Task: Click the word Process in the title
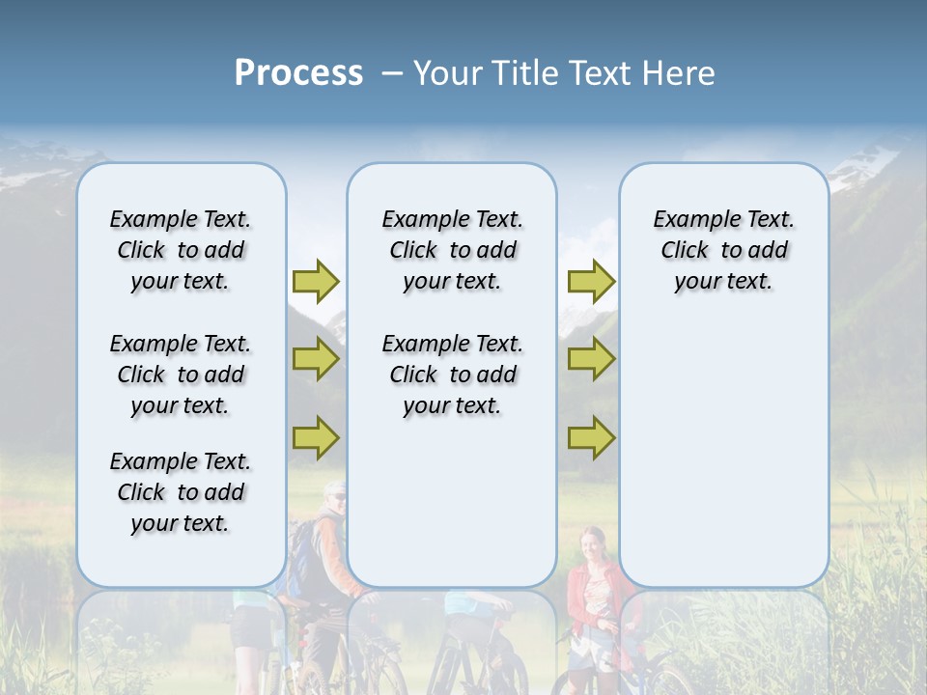[298, 73]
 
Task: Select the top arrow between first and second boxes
[316, 281]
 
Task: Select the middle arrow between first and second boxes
[316, 359]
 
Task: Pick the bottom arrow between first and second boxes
[316, 437]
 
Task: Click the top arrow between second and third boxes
[591, 281]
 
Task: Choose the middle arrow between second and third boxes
[591, 359]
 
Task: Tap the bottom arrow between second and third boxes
[591, 437]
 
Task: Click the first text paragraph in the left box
[181, 250]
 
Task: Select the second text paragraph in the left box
[181, 375]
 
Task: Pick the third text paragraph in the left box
[181, 492]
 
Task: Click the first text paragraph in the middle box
[452, 250]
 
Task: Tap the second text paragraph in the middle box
[452, 375]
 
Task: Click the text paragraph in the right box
[723, 250]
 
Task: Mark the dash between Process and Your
[391, 73]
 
